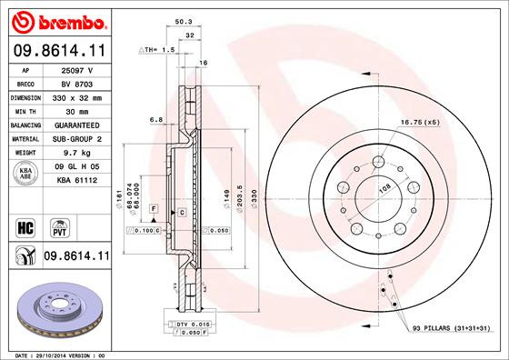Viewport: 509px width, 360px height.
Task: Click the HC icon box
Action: coord(26,225)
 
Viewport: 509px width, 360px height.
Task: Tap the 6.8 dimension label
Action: coord(155,118)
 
